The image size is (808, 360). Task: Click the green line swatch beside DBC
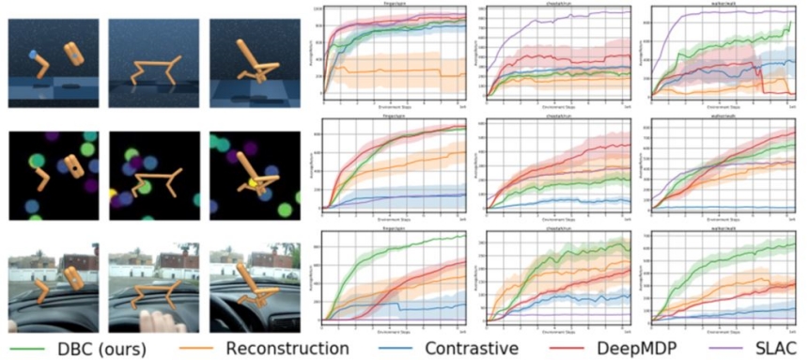click(29, 348)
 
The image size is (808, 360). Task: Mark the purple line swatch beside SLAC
click(723, 348)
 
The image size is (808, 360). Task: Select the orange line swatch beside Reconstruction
click(208, 348)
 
